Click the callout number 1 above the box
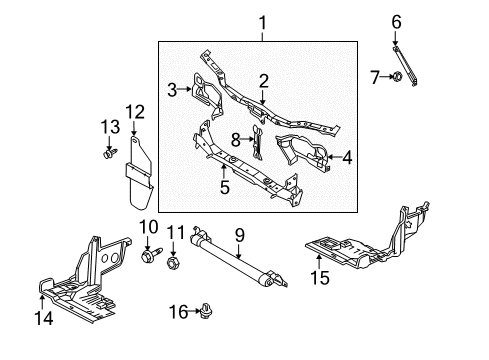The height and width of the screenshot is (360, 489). pyautogui.click(x=263, y=23)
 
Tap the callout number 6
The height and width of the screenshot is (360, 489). pyautogui.click(x=396, y=22)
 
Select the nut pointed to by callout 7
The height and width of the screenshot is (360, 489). pyautogui.click(x=397, y=76)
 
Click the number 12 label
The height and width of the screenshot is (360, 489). pyautogui.click(x=135, y=112)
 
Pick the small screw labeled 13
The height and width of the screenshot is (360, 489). pyautogui.click(x=110, y=154)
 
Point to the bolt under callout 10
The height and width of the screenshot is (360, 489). pyautogui.click(x=151, y=255)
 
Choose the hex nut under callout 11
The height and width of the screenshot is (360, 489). pyautogui.click(x=172, y=263)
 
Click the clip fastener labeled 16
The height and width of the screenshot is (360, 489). pyautogui.click(x=207, y=311)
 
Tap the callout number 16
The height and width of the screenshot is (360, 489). pyautogui.click(x=179, y=312)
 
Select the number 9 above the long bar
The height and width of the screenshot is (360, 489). pyautogui.click(x=240, y=235)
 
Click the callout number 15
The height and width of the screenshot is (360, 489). pyautogui.click(x=320, y=277)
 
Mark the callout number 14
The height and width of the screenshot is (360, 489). pyautogui.click(x=44, y=318)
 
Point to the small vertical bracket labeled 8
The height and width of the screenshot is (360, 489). pyautogui.click(x=257, y=142)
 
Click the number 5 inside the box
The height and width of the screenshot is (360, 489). pyautogui.click(x=225, y=187)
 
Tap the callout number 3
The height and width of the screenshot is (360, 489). pyautogui.click(x=172, y=90)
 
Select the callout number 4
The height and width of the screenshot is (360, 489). pyautogui.click(x=347, y=157)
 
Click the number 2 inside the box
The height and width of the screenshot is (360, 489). pyautogui.click(x=263, y=81)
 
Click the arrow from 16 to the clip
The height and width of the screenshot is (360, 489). pyautogui.click(x=195, y=312)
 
